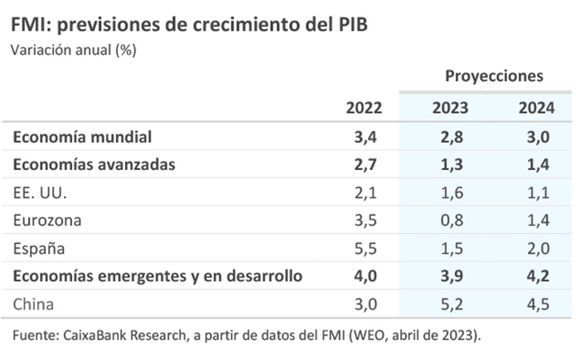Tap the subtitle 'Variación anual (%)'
tap(73, 49)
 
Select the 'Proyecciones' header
tap(494, 75)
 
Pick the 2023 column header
tap(450, 108)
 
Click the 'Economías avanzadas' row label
tap(94, 164)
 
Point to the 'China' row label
tap(34, 304)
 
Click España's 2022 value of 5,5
tap(366, 248)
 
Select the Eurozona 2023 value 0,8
tap(451, 221)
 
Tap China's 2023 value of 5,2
tap(451, 304)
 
